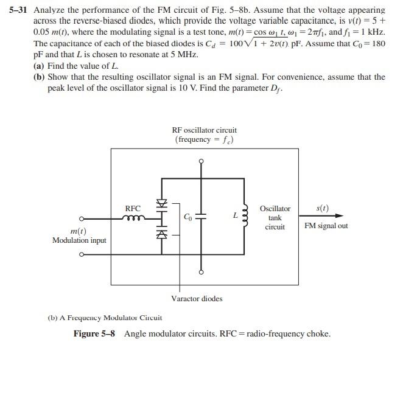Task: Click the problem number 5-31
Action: tap(19, 10)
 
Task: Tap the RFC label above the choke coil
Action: tap(133, 208)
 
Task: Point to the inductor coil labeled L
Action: tap(245, 217)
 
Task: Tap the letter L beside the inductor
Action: tap(235, 215)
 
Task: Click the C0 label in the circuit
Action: tap(188, 217)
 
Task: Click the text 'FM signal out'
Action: tap(326, 226)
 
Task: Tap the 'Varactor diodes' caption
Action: tap(197, 298)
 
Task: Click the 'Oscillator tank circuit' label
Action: tap(275, 217)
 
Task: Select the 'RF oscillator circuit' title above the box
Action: tap(205, 130)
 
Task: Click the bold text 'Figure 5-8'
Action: tap(96, 333)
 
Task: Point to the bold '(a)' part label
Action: tap(40, 65)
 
